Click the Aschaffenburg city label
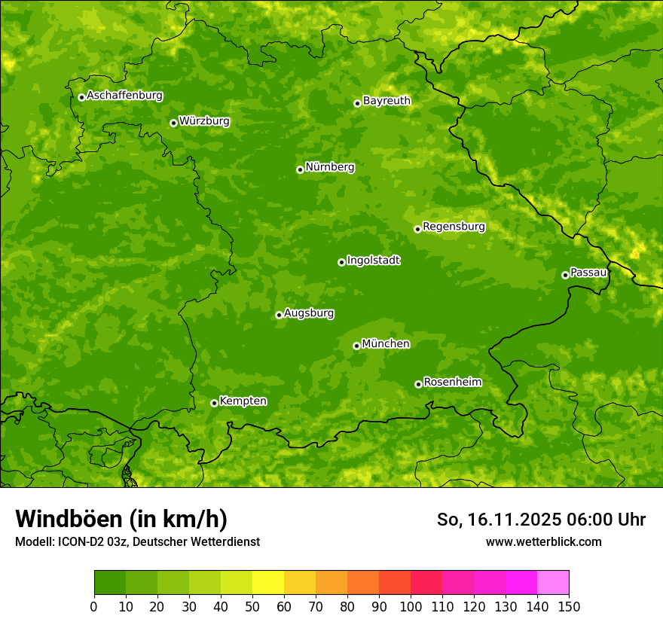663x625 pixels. [124, 96]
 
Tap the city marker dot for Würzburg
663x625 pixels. [173, 123]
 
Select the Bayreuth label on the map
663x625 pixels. [386, 101]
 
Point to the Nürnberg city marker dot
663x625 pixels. [300, 169]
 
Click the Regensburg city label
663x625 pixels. [454, 227]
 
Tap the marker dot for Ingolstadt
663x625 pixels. [341, 262]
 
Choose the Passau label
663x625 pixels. [588, 273]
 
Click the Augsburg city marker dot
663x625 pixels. [279, 315]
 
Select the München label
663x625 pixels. [386, 344]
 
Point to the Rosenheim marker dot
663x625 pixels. [418, 384]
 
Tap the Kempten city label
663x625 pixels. [243, 401]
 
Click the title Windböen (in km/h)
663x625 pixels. [121, 519]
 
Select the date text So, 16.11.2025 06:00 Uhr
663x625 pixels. [541, 520]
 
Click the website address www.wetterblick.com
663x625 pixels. [543, 541]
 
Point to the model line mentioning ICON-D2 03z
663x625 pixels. [137, 541]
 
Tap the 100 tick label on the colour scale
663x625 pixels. [411, 606]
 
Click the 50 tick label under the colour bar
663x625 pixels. [252, 606]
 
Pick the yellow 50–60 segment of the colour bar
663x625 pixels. [268, 583]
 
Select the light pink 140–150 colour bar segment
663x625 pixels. [553, 583]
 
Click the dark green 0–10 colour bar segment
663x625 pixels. [110, 583]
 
